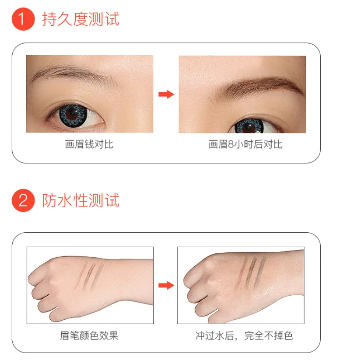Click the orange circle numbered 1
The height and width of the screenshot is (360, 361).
coord(23,20)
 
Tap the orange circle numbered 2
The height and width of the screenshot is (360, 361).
coord(23,201)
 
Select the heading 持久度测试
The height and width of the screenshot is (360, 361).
coord(81,20)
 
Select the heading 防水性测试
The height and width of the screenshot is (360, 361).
coord(81,200)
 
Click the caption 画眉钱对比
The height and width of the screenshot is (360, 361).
coord(89,144)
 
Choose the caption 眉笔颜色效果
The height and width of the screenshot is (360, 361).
coord(89,336)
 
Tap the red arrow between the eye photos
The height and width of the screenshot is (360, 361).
coord(166,94)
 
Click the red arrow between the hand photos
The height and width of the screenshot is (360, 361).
coord(166,285)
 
